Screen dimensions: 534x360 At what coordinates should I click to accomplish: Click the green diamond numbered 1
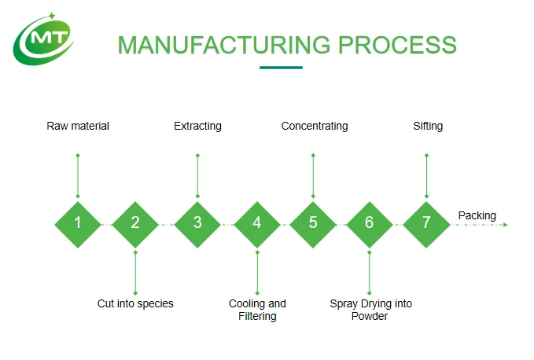coord(78,225)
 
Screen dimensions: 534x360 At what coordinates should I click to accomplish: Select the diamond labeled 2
coord(135,225)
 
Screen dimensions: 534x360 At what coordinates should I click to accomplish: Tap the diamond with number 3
coord(197,225)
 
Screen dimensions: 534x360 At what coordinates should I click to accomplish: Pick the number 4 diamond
coord(257,225)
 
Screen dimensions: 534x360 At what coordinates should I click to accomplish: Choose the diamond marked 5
coord(313,225)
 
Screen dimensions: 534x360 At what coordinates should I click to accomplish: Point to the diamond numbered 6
coord(370,225)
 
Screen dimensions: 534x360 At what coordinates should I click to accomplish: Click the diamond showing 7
coord(426,225)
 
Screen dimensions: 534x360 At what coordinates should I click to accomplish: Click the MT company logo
coord(43,39)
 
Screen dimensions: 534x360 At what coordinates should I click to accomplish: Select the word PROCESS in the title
coord(397,45)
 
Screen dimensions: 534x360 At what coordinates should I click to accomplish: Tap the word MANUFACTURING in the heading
coord(224,45)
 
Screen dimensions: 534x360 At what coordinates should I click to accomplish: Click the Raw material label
coord(78,127)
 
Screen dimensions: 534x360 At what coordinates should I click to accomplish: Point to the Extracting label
coord(197,127)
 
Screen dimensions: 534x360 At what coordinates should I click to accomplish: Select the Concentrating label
coord(315,127)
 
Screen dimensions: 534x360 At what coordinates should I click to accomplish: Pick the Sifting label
coord(428,127)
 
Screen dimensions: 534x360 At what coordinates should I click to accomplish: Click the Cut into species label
coord(135,303)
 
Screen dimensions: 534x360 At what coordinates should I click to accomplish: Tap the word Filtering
coord(257,317)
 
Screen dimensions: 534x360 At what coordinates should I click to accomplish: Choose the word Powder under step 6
coord(370,317)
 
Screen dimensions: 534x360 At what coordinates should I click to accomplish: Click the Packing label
coord(477,215)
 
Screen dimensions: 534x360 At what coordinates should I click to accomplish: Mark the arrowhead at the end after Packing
coord(506,225)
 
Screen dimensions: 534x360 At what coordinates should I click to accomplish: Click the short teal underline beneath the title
coord(281,68)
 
